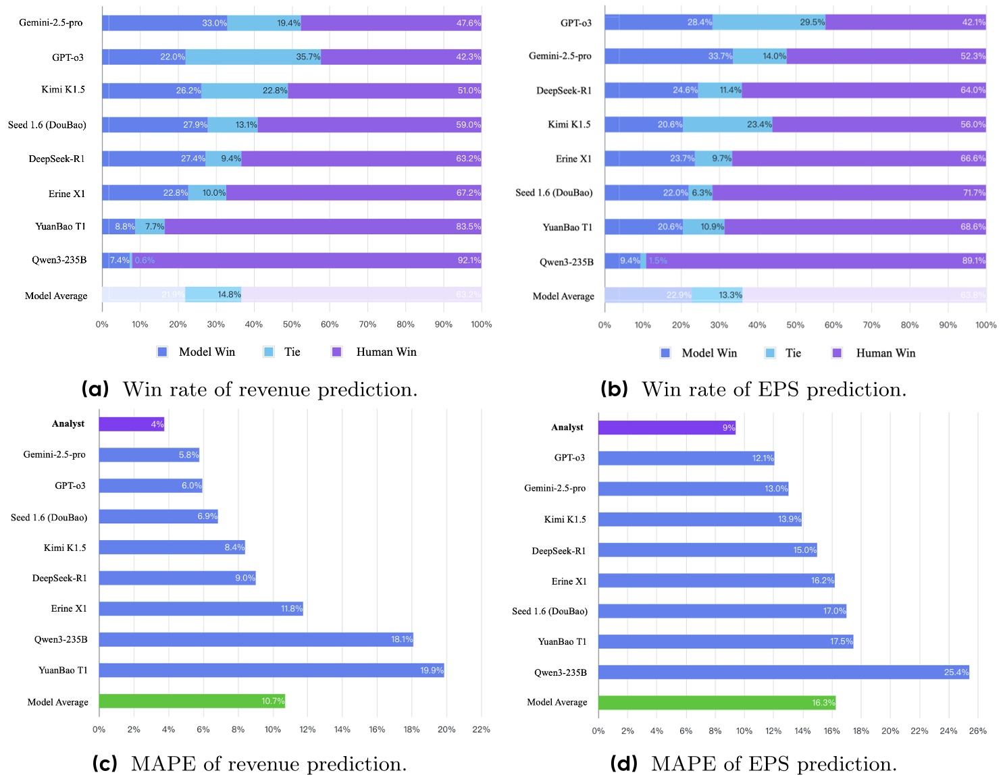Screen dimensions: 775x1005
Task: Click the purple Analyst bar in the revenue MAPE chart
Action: tap(132, 424)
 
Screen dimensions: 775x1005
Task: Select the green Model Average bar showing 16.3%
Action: tap(717, 703)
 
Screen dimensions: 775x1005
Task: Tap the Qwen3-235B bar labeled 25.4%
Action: tap(783, 672)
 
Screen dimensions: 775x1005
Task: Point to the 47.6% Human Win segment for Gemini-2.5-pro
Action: tap(391, 23)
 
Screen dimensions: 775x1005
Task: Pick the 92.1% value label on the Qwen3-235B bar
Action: tap(469, 261)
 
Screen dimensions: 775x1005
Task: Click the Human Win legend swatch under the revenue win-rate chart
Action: tap(337, 352)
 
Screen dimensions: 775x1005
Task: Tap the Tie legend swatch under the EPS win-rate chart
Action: tap(770, 353)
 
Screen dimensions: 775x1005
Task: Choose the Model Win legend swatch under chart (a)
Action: tap(162, 352)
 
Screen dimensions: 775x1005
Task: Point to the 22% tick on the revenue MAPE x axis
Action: tap(481, 730)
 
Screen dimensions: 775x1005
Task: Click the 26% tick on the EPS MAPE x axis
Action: tap(977, 731)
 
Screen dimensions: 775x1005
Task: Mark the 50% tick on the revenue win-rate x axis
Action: tap(292, 325)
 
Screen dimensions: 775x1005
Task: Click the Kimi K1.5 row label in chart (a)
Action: tap(63, 90)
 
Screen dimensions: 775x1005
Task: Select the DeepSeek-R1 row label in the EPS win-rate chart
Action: tap(563, 90)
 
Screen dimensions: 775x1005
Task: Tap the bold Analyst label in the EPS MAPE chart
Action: tap(567, 427)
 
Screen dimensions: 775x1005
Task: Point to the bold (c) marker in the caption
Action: tap(104, 764)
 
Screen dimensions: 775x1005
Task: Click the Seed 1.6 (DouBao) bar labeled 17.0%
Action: tap(722, 611)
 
